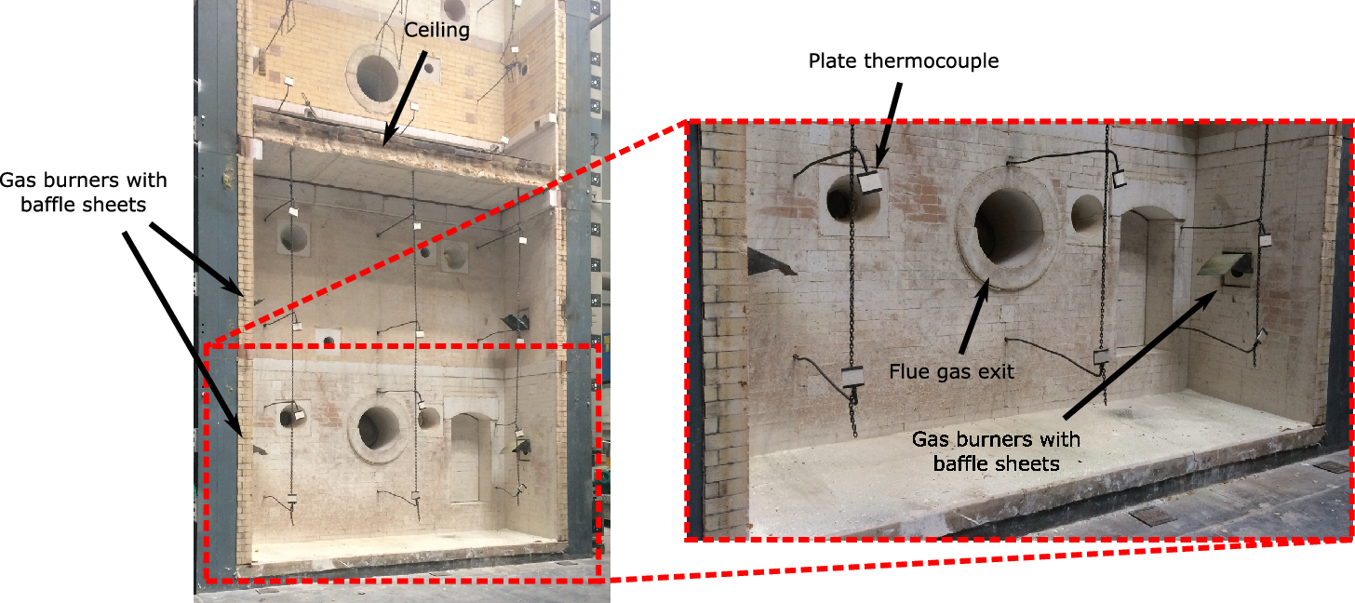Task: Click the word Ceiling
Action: coord(436,31)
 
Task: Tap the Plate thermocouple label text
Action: coord(903,61)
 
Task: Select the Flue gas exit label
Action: coord(950,371)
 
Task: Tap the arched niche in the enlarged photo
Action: coord(1146,279)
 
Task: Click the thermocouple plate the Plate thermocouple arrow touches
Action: coord(869,182)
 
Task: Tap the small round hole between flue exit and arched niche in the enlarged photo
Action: coord(1087,214)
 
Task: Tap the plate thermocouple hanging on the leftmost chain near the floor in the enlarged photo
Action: coord(852,377)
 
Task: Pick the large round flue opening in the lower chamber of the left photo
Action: coord(377,430)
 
